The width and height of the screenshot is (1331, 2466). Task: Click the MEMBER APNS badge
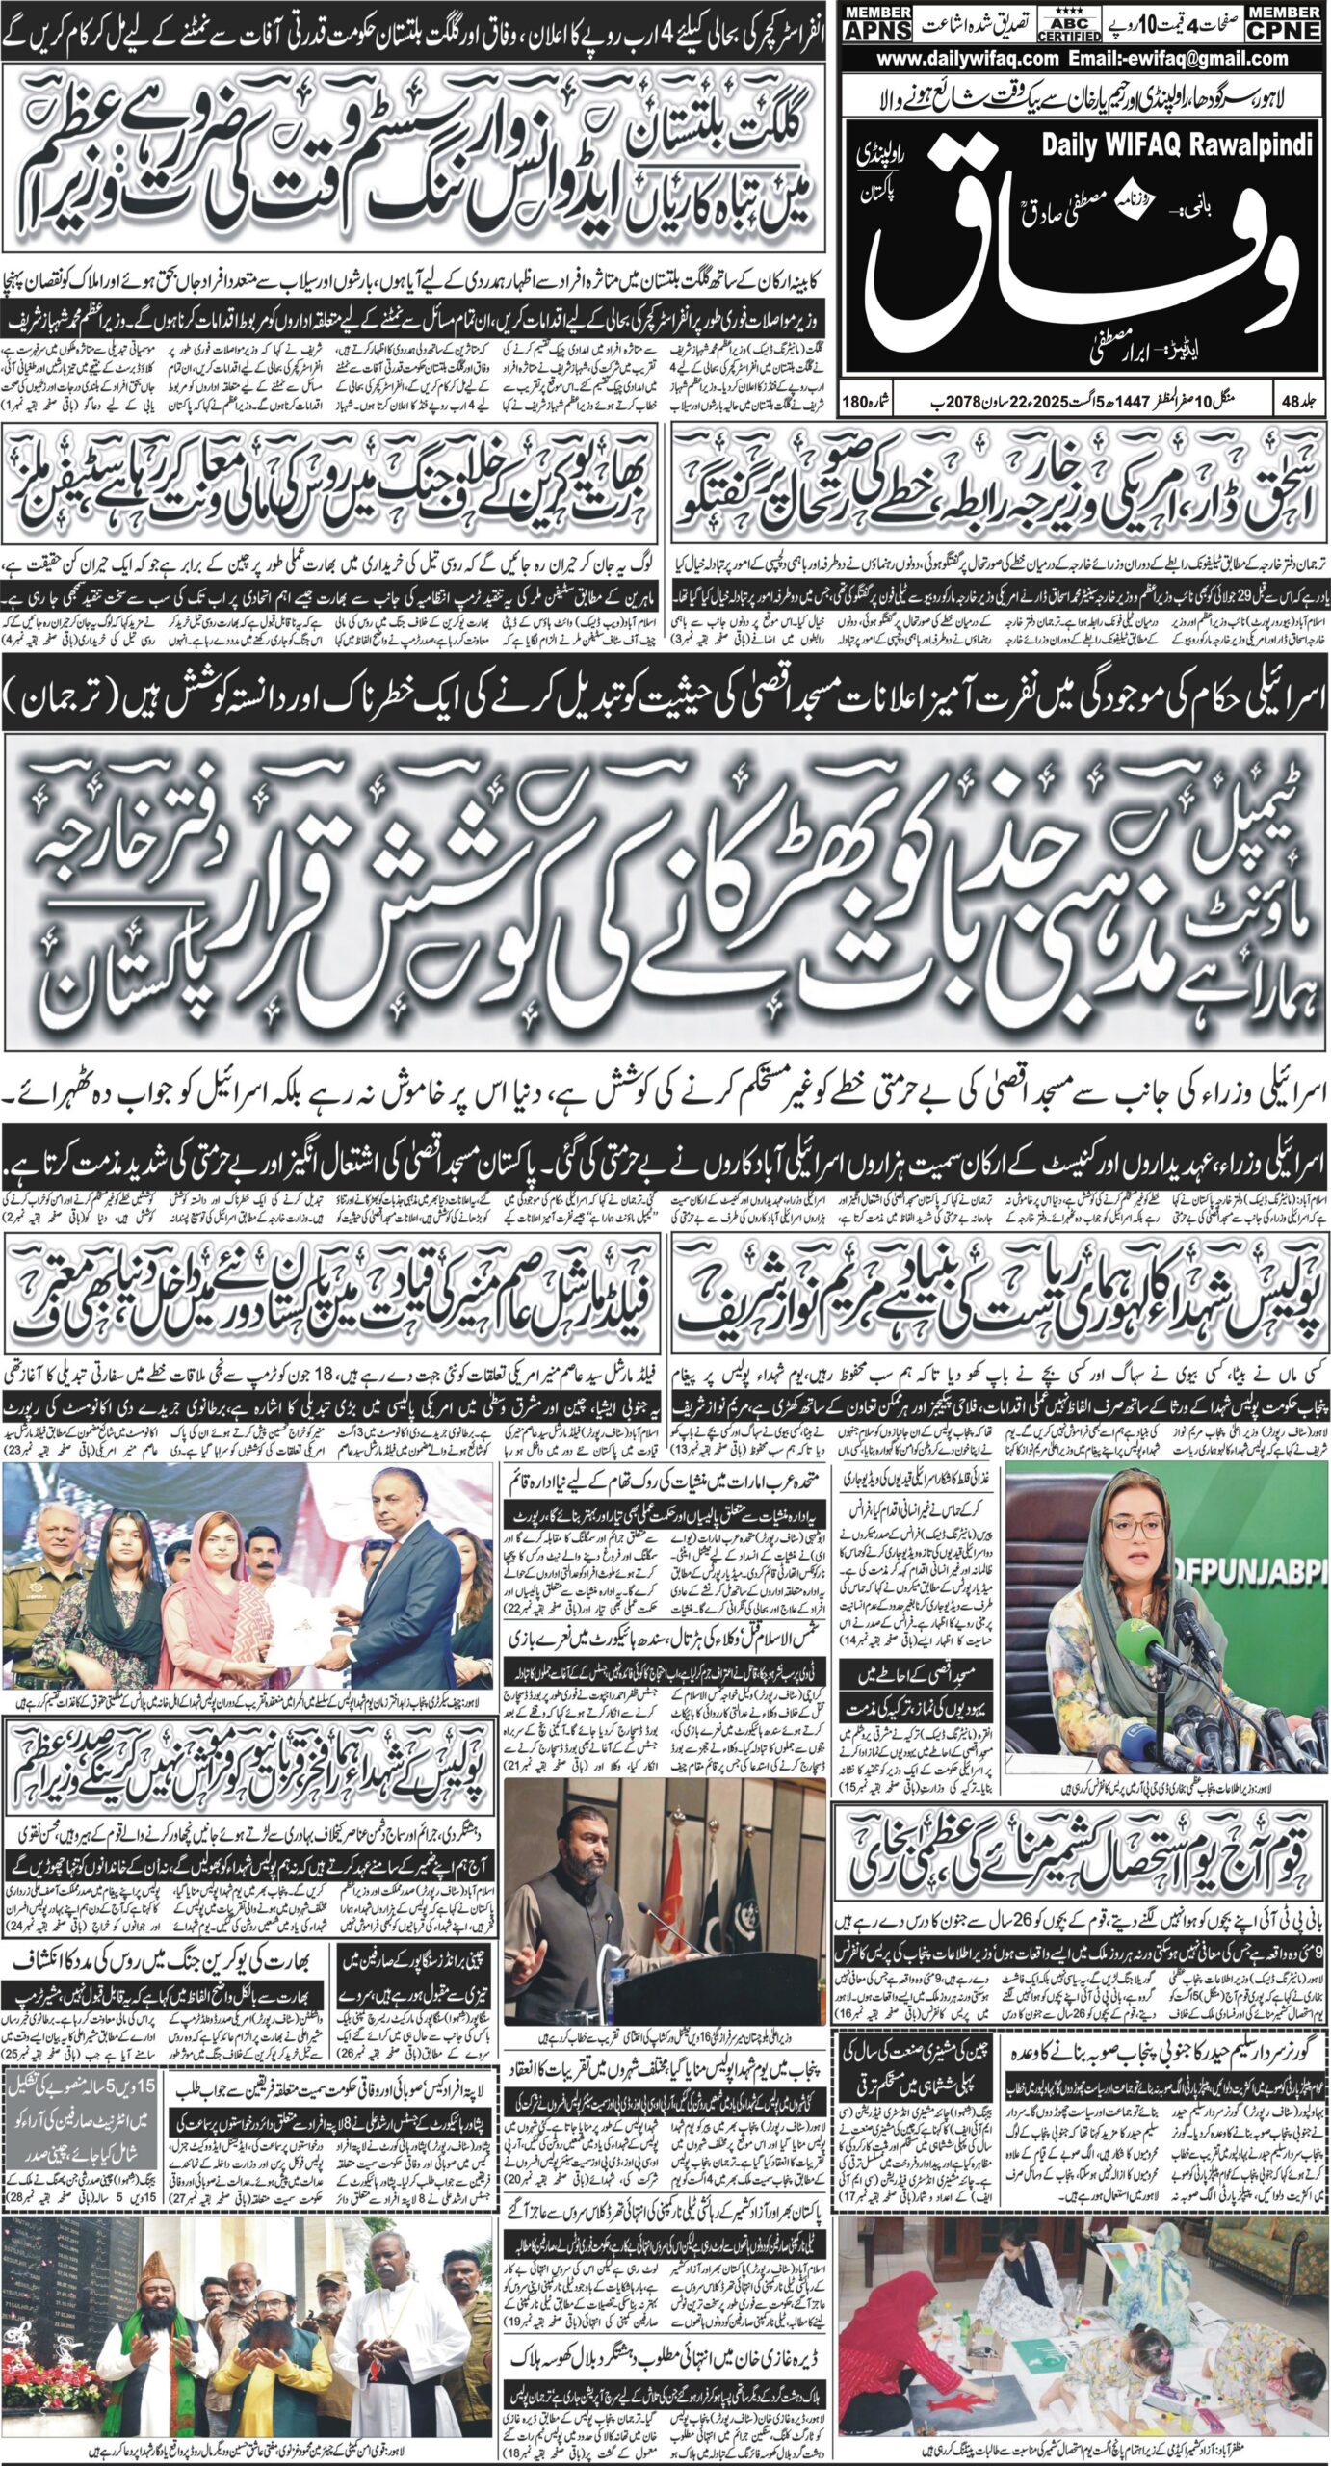877,22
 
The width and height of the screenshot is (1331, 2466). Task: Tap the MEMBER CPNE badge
1283,22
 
